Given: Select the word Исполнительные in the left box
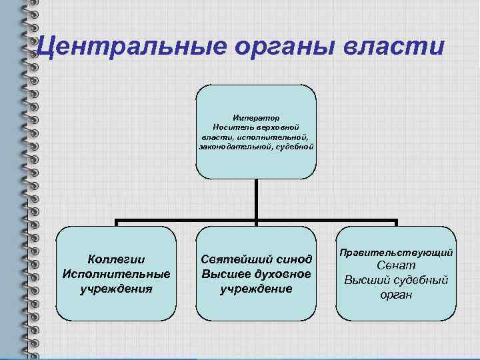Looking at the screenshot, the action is click(116, 274).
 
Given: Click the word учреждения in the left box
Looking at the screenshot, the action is click(116, 289).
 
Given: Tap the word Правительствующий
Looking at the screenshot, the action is click(397, 253).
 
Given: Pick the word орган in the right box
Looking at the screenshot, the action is click(397, 294).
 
